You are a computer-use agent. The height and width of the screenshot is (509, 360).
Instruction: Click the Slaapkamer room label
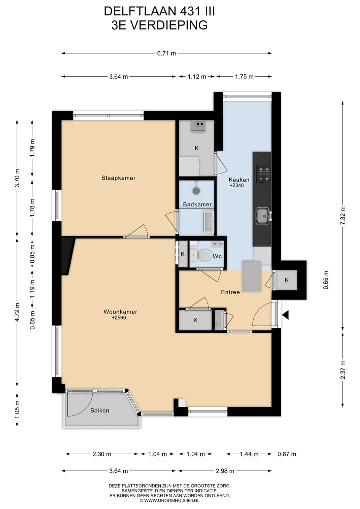(118, 178)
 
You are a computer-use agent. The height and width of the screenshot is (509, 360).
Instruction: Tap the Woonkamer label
(120, 312)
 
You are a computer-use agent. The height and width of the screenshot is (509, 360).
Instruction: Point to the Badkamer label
(197, 204)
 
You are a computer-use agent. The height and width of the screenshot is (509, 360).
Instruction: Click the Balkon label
(100, 410)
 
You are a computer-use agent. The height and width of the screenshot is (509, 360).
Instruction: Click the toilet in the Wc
(204, 255)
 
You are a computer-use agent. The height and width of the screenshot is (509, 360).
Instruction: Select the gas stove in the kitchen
(263, 174)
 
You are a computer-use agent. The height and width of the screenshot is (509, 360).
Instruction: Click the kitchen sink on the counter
(262, 216)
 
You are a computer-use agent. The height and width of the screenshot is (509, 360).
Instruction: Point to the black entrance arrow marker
(286, 315)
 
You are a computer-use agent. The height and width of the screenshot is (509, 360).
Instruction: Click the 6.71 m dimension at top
(167, 54)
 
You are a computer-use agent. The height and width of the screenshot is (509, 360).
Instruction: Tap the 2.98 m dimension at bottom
(225, 471)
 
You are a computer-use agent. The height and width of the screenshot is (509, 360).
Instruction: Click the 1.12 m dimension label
(197, 76)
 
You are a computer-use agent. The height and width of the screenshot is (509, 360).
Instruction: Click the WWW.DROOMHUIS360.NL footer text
(169, 500)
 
